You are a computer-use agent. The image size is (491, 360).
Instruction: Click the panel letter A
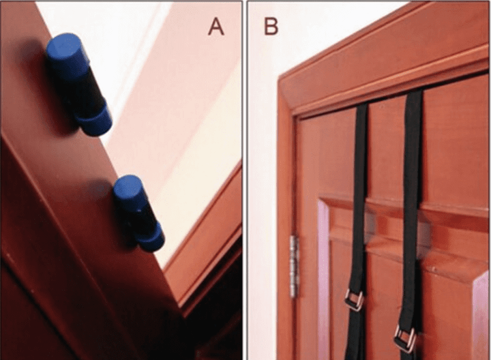point(216,26)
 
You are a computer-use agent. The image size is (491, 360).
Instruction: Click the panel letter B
point(271,26)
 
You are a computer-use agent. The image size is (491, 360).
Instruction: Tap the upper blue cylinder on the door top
point(78,84)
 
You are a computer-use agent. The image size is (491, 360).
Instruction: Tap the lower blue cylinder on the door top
point(138,213)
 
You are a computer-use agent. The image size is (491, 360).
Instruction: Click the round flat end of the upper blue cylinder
point(63,46)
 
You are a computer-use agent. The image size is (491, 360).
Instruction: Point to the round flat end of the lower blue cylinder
point(127,185)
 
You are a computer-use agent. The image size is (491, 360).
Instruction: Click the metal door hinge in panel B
point(294,266)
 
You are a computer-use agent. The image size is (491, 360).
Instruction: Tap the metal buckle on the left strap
point(354,300)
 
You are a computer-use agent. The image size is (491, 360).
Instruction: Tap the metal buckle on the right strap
point(405,339)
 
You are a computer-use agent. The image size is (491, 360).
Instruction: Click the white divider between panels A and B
point(245,180)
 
